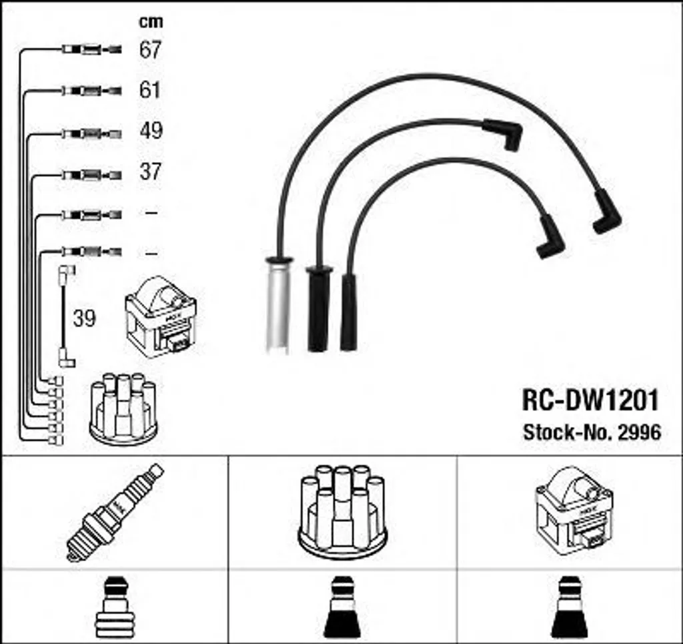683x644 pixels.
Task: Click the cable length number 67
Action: click(150, 49)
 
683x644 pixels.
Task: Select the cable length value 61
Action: click(150, 90)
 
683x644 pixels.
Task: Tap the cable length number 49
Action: click(151, 130)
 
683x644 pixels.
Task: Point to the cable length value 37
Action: click(151, 172)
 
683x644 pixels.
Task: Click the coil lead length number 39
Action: click(84, 318)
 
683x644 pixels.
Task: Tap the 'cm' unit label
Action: click(151, 22)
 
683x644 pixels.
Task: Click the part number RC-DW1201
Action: click(590, 400)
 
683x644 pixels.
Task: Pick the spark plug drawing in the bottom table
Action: click(115, 513)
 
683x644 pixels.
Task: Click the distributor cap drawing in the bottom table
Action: click(342, 512)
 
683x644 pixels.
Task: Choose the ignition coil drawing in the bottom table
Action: click(574, 511)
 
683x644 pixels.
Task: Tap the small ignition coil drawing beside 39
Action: click(160, 317)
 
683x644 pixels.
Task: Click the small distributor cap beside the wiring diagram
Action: click(123, 408)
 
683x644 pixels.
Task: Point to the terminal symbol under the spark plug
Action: click(115, 607)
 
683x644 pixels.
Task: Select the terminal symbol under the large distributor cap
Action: click(342, 607)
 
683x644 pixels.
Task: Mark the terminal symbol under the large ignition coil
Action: click(570, 607)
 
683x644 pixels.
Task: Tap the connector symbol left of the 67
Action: click(91, 49)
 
